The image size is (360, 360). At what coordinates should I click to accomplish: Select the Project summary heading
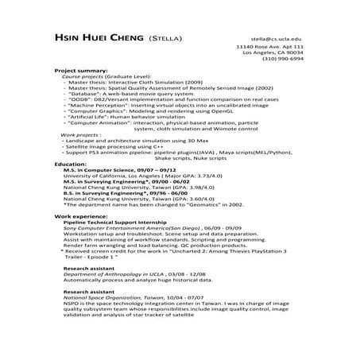(80, 70)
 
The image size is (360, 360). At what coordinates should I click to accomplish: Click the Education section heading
(71, 162)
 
